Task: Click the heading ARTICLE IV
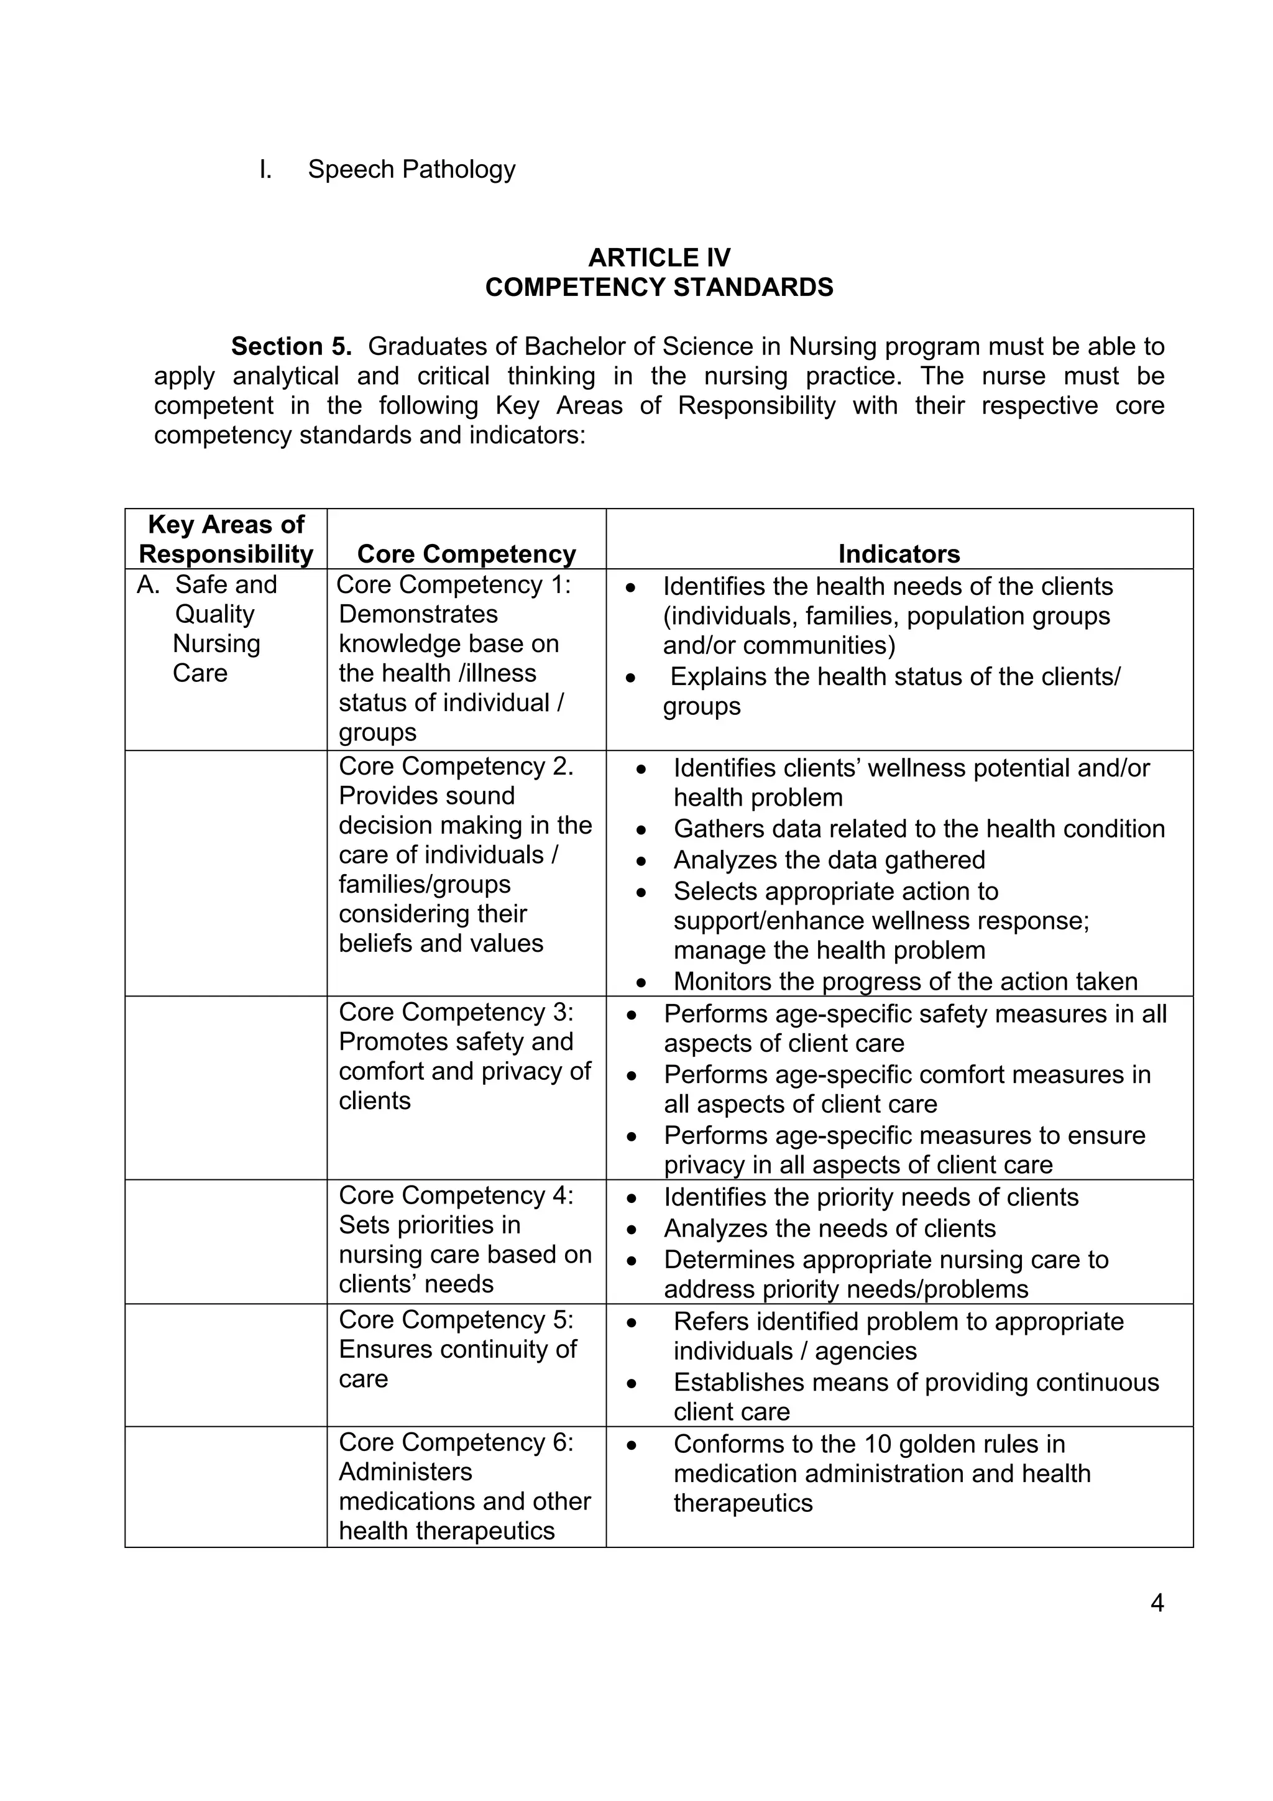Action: [659, 257]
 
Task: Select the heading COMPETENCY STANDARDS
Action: [659, 287]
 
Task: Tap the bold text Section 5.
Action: [291, 346]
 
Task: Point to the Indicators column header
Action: [899, 554]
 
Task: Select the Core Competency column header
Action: [466, 554]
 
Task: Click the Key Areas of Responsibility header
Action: [226, 539]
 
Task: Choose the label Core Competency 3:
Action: [456, 1012]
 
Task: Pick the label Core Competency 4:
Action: [456, 1195]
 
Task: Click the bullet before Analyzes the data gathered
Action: [641, 861]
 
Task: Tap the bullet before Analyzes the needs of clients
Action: [632, 1229]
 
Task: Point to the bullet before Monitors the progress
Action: [641, 983]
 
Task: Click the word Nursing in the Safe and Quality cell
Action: [216, 643]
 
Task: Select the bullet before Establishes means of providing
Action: [632, 1383]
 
